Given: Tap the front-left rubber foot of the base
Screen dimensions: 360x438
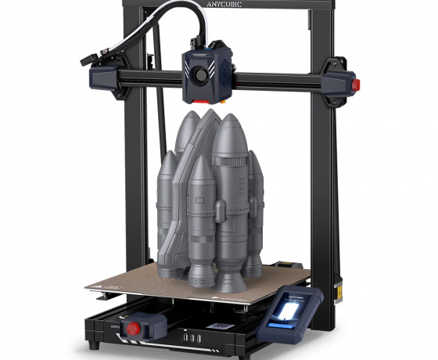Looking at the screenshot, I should [x=95, y=345].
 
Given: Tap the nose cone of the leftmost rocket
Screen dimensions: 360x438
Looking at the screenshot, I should [x=170, y=160].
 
